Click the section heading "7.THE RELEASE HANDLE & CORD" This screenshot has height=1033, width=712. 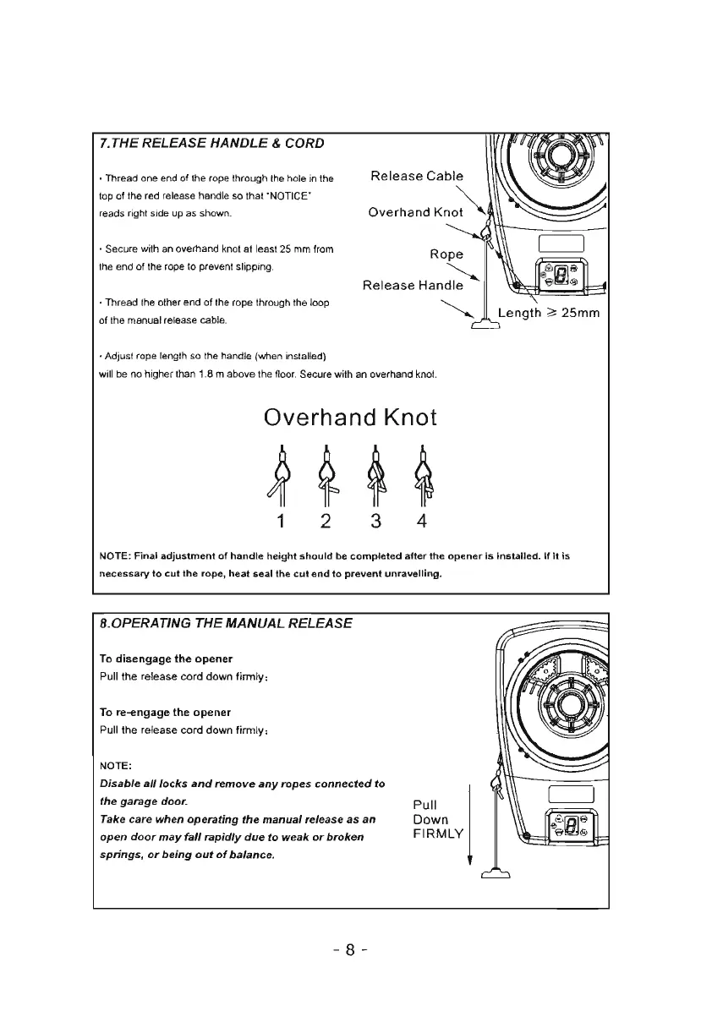click(x=211, y=143)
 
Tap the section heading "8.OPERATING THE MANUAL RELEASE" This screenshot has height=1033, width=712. click(x=226, y=624)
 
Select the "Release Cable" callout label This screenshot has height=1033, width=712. click(x=417, y=177)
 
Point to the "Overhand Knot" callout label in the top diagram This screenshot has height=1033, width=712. click(x=415, y=212)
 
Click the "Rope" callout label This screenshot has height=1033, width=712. click(x=446, y=254)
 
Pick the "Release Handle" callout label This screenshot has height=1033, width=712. click(x=413, y=286)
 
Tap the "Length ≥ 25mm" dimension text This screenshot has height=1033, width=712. click(x=548, y=314)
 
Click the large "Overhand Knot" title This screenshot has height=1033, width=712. click(x=350, y=417)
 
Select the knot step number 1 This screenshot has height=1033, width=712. click(x=279, y=522)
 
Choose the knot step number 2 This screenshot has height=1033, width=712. click(x=327, y=522)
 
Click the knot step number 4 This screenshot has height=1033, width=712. click(x=422, y=522)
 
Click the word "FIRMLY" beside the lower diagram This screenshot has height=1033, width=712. click(x=438, y=834)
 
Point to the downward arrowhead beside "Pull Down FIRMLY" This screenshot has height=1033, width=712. click(x=468, y=861)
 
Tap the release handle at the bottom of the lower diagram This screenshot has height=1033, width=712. click(x=495, y=875)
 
